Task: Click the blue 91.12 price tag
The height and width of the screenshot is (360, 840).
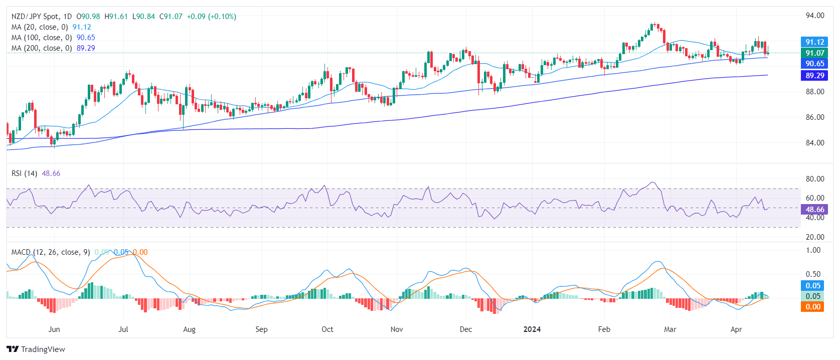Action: (x=814, y=42)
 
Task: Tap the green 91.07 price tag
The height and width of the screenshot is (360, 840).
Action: (x=814, y=53)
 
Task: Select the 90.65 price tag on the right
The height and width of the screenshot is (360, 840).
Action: (x=814, y=64)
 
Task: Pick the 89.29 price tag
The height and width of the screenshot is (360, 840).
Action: (x=814, y=76)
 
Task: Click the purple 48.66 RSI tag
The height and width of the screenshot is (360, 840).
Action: (x=814, y=210)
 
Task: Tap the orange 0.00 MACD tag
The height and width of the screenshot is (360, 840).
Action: (x=813, y=307)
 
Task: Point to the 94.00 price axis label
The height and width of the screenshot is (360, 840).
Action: (x=814, y=16)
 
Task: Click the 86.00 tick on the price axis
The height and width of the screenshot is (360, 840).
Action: (x=814, y=117)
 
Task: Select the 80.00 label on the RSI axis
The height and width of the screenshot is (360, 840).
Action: (x=814, y=179)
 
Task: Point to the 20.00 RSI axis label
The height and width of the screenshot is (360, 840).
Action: (x=814, y=237)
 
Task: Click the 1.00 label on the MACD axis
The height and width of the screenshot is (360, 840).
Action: (x=813, y=250)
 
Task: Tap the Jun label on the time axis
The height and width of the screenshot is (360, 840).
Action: (x=54, y=329)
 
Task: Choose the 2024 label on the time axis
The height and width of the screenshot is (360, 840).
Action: (x=532, y=329)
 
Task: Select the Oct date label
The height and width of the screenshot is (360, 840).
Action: (x=327, y=329)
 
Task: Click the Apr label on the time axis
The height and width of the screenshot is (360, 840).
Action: (x=736, y=329)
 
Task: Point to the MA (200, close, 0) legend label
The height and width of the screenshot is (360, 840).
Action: (x=42, y=48)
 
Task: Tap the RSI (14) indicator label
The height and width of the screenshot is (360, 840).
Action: (x=24, y=173)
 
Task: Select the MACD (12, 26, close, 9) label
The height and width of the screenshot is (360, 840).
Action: (x=51, y=252)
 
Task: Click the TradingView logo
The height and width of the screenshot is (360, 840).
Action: (x=36, y=349)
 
